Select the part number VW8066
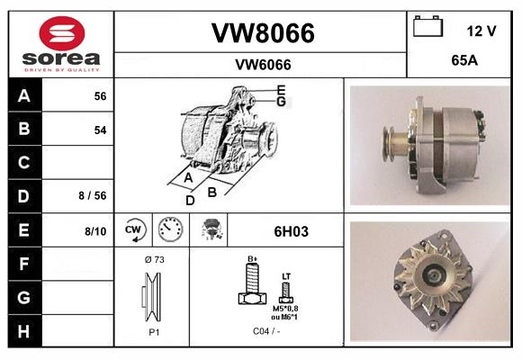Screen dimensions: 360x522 coord(262,33)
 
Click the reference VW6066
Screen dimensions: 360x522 coord(262,64)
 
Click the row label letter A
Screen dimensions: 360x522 coord(23,96)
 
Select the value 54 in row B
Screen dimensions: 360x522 coord(100,130)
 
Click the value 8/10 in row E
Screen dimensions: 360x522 coord(95,231)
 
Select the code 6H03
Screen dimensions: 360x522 coord(290,231)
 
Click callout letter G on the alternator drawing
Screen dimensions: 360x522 coord(282,102)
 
